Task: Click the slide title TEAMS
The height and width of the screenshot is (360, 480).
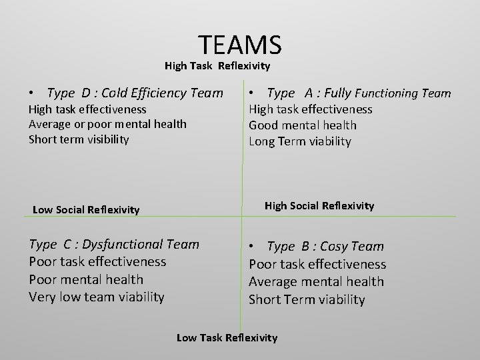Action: (240, 45)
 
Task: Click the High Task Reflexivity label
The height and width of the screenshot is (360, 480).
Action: (217, 66)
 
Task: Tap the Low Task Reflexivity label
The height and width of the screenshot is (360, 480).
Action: (227, 338)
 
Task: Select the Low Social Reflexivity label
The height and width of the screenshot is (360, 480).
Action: (86, 210)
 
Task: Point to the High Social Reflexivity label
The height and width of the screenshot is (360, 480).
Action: (319, 206)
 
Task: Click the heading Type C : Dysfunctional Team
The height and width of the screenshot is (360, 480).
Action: (114, 244)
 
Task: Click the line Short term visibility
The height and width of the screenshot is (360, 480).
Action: (79, 139)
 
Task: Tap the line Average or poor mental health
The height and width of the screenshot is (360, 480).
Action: (107, 124)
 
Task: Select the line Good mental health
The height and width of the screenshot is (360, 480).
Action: (303, 125)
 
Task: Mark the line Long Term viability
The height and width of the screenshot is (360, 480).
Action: (300, 141)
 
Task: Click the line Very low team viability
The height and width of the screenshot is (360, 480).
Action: (97, 297)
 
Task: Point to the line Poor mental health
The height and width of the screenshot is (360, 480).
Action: (86, 279)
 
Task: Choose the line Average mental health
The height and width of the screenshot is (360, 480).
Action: (316, 282)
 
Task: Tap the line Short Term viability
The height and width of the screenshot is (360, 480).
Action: (307, 300)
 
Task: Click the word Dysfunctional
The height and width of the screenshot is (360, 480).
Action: (121, 244)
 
